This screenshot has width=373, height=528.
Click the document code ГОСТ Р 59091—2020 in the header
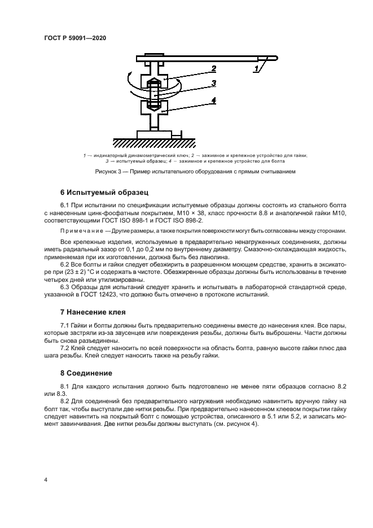(x=75, y=38)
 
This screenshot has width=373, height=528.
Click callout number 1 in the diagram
(x=257, y=69)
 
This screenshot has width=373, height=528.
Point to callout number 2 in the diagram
(x=214, y=69)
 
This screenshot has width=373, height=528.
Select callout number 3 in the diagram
(x=214, y=84)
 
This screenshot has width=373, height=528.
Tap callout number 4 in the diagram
(x=214, y=101)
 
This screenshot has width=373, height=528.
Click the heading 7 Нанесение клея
(x=93, y=312)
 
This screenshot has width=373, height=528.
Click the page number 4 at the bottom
(x=45, y=479)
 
